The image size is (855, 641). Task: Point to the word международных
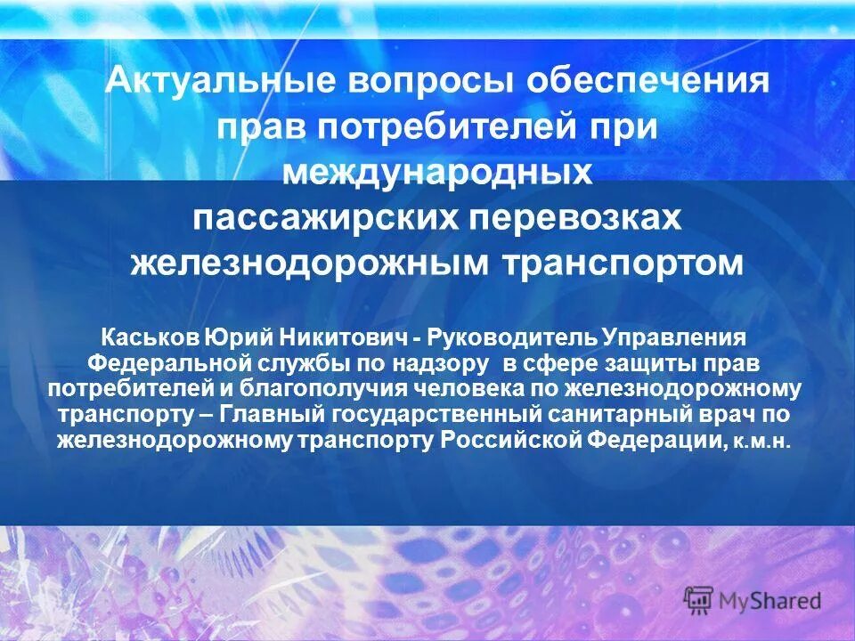pyautogui.click(x=436, y=173)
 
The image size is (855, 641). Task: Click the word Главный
pyautogui.click(x=272, y=415)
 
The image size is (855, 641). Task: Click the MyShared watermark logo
pyautogui.click(x=752, y=599)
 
